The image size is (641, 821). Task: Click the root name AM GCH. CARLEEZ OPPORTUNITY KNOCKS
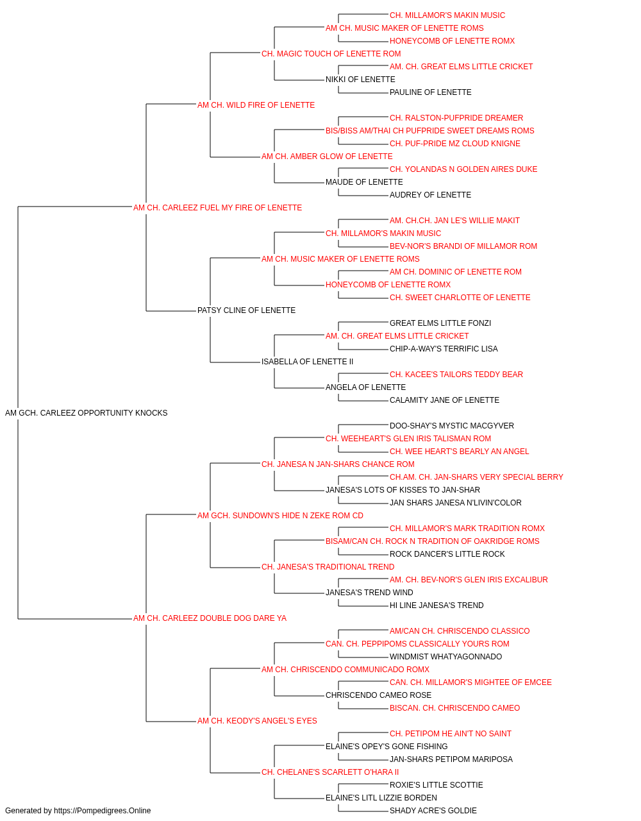click(x=86, y=413)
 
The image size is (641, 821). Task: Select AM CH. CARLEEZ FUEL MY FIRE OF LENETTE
click(x=217, y=208)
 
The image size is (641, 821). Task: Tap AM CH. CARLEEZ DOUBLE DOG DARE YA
click(x=210, y=618)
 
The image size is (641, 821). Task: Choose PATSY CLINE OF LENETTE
click(x=247, y=310)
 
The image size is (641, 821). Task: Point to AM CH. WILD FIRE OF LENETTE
click(x=256, y=105)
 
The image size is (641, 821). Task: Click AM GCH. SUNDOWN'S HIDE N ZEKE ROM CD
click(x=280, y=516)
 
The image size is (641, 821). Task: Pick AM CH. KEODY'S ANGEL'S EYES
click(x=257, y=721)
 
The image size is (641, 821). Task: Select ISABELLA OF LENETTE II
click(x=307, y=362)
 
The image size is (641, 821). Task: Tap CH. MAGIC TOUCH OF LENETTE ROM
click(x=331, y=54)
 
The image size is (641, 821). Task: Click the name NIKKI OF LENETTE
click(x=360, y=80)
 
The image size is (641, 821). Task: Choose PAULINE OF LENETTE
click(x=430, y=92)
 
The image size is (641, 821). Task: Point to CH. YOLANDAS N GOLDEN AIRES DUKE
click(x=463, y=169)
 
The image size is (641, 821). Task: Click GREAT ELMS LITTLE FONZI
click(x=440, y=323)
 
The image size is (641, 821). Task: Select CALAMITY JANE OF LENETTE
click(x=444, y=400)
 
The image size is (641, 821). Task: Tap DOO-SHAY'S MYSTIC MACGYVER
click(x=452, y=426)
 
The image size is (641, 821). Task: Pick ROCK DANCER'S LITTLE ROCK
click(x=447, y=554)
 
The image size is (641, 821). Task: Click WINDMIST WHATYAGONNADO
click(x=446, y=657)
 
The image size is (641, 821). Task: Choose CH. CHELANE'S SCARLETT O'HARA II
click(x=330, y=772)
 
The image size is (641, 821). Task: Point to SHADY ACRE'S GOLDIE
click(x=433, y=811)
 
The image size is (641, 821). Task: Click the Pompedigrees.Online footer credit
click(x=78, y=811)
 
